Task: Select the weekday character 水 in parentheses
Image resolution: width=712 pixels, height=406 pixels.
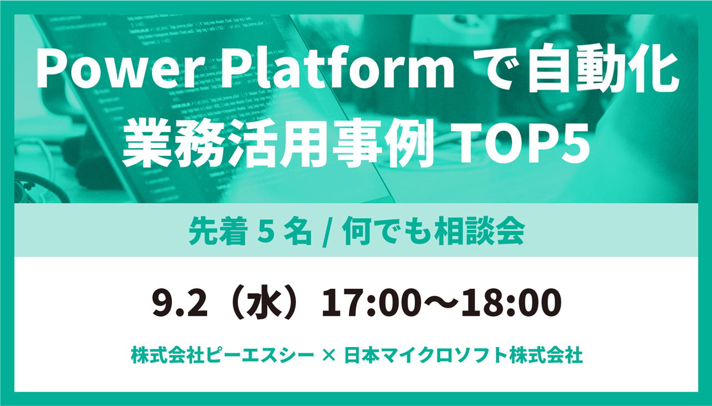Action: (x=260, y=303)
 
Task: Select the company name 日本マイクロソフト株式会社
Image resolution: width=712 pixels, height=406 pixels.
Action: (x=463, y=355)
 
